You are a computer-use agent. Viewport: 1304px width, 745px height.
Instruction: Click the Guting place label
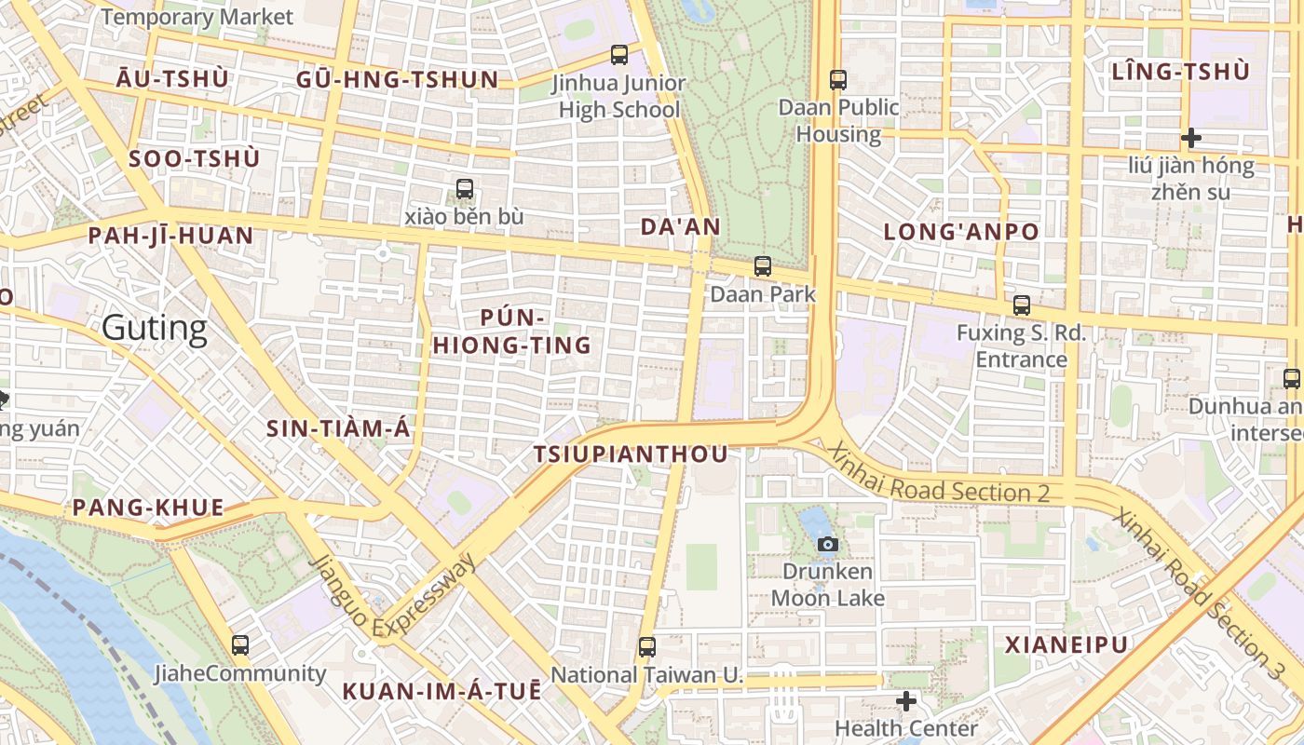pyautogui.click(x=155, y=328)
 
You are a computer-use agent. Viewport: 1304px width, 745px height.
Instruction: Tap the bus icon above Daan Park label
pyautogui.click(x=763, y=266)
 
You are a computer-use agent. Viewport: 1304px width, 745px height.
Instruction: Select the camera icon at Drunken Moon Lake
pyautogui.click(x=827, y=544)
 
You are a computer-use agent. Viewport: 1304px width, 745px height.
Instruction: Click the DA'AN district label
pyautogui.click(x=681, y=226)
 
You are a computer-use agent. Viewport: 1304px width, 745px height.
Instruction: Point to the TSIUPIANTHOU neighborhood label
pyautogui.click(x=631, y=454)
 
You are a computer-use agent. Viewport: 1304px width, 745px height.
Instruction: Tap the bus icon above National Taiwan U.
pyautogui.click(x=647, y=646)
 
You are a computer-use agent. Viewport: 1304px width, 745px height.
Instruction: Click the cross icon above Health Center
pyautogui.click(x=906, y=701)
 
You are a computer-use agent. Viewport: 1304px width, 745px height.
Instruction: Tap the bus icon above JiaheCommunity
pyautogui.click(x=240, y=644)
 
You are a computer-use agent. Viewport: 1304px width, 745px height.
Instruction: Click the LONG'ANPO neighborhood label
pyautogui.click(x=961, y=232)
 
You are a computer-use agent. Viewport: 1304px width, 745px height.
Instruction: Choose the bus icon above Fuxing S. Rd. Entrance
pyautogui.click(x=1022, y=305)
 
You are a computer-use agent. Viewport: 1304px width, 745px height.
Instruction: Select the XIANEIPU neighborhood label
pyautogui.click(x=1066, y=644)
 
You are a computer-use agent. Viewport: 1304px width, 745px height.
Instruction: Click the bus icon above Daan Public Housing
pyautogui.click(x=838, y=80)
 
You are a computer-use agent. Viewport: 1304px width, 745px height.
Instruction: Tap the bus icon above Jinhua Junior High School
pyautogui.click(x=619, y=55)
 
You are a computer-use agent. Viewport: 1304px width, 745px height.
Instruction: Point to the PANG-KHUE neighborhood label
pyautogui.click(x=148, y=508)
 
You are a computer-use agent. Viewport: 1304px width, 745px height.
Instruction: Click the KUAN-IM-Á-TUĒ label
pyautogui.click(x=441, y=691)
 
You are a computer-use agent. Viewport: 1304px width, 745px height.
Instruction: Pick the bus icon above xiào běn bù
pyautogui.click(x=465, y=189)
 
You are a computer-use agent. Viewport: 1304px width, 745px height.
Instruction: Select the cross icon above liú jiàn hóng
pyautogui.click(x=1190, y=139)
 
